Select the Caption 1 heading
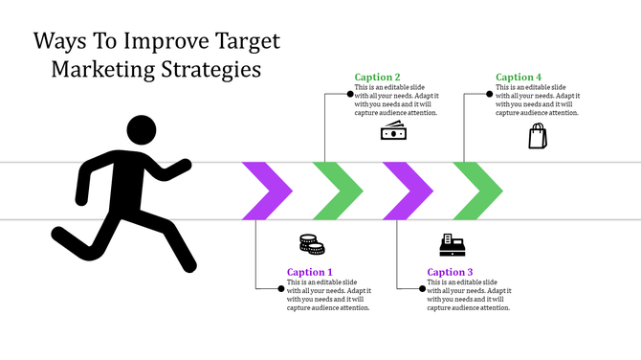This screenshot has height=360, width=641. pyautogui.click(x=309, y=272)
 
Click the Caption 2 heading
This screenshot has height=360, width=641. pyautogui.click(x=377, y=78)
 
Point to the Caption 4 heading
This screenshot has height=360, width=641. pyautogui.click(x=519, y=78)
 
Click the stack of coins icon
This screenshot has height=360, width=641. pyautogui.click(x=312, y=244)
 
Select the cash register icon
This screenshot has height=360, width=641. pyautogui.click(x=452, y=245)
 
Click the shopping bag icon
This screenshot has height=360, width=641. pyautogui.click(x=539, y=136)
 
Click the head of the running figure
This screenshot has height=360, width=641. pyautogui.click(x=142, y=131)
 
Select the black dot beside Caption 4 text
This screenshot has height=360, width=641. pyautogui.click(x=489, y=94)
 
